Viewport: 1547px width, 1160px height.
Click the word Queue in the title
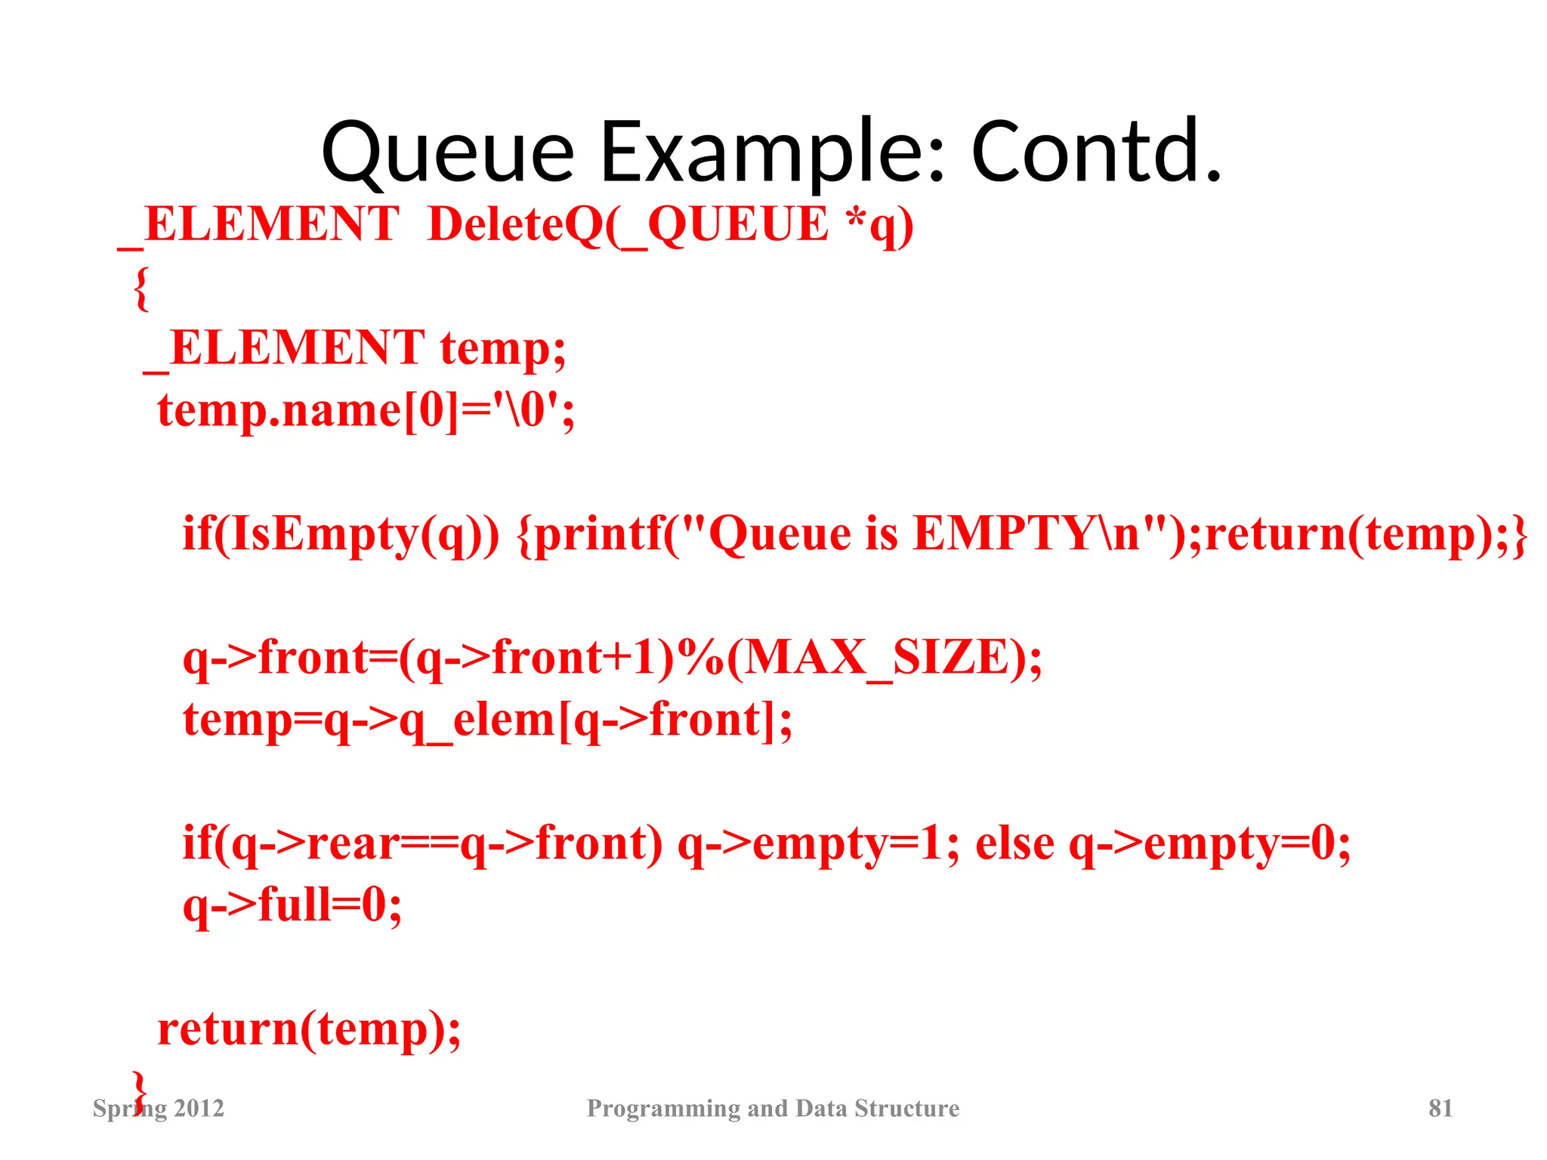click(x=448, y=153)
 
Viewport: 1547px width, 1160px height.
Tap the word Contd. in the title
click(x=1095, y=153)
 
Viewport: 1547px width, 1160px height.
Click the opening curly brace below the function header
click(x=141, y=288)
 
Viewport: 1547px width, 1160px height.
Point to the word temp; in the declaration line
click(x=503, y=349)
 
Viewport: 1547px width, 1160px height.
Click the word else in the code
click(x=1014, y=844)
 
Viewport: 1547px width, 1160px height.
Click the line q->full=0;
click(x=292, y=905)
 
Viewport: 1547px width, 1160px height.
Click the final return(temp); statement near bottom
click(x=309, y=1029)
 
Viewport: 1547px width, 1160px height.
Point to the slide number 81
click(x=1440, y=1108)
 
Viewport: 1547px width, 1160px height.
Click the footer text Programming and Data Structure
click(x=773, y=1108)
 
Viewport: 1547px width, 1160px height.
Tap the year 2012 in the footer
click(x=199, y=1108)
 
